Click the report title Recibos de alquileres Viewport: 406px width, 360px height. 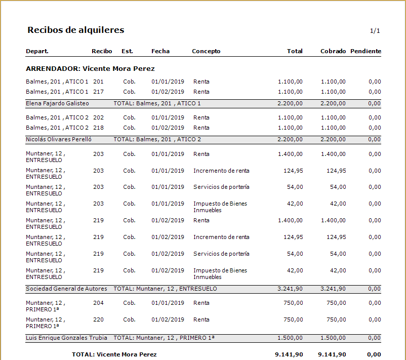[x=75, y=30]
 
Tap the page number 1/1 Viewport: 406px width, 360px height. [x=375, y=31]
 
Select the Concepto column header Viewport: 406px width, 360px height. [x=206, y=51]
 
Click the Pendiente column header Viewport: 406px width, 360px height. [x=366, y=51]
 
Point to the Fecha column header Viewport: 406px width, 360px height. [x=160, y=51]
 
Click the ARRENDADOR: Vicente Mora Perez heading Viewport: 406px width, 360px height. [x=90, y=69]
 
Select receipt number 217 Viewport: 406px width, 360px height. [x=98, y=92]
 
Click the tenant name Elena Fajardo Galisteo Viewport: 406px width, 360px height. [x=57, y=103]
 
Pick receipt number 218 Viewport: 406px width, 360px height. [x=98, y=128]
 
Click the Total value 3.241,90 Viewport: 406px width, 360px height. [x=290, y=289]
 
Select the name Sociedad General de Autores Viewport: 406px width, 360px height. [x=66, y=289]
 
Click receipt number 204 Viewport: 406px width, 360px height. [x=98, y=303]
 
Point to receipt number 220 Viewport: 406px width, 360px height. [x=98, y=320]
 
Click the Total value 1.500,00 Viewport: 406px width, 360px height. [x=290, y=338]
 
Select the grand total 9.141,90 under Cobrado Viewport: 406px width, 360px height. [x=332, y=354]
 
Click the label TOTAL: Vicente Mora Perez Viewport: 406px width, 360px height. [x=114, y=354]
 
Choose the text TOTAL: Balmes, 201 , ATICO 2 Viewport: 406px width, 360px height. [x=157, y=139]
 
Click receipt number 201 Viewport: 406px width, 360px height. [x=98, y=82]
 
